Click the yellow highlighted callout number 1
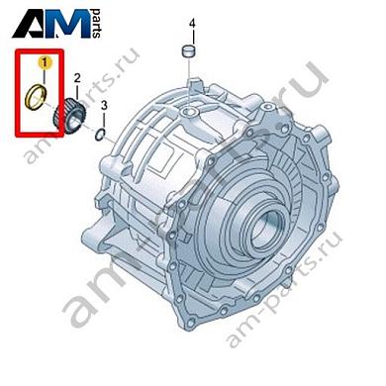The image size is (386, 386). pos(45,62)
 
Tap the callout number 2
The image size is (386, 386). pos(77,78)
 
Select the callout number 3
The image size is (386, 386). pos(104,106)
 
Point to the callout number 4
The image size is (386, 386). pos(192,24)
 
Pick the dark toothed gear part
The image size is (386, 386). pos(70,116)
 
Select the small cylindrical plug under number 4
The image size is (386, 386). pos(188,53)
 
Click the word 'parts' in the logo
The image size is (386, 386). pos(96,23)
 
